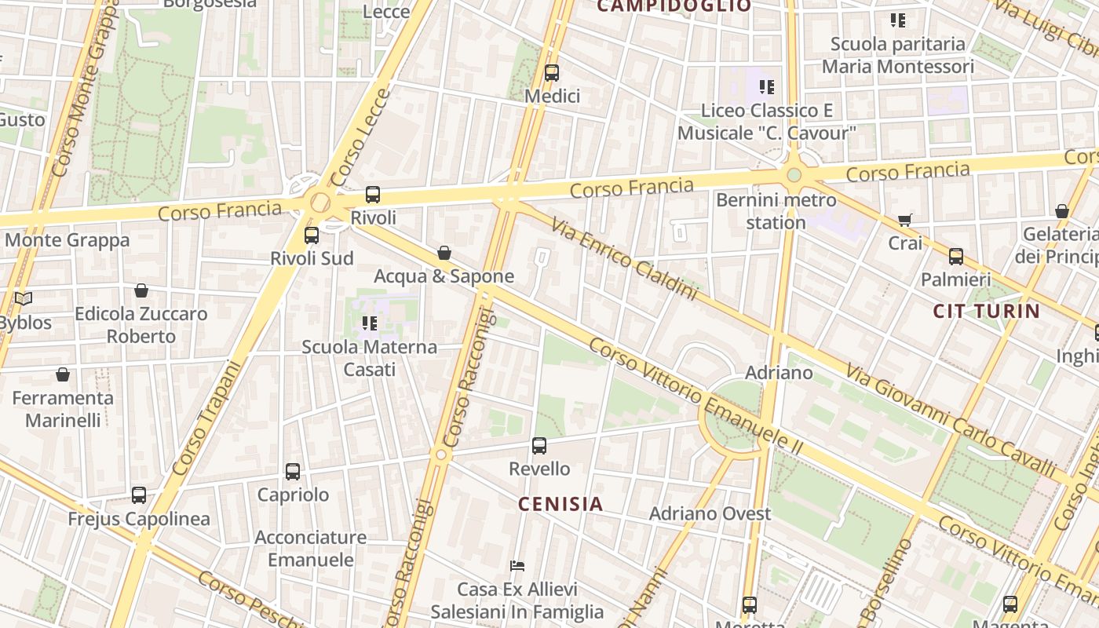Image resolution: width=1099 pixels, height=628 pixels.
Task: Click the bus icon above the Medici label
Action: tap(552, 73)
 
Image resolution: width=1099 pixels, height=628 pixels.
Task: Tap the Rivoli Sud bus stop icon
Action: tap(312, 235)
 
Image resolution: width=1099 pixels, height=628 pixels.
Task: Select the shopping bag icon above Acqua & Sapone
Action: tap(444, 253)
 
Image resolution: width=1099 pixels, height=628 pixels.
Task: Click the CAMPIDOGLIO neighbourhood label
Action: tap(674, 6)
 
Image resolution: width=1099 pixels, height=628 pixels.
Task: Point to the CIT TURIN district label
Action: tap(986, 311)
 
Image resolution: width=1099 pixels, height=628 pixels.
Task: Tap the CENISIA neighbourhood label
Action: tap(560, 504)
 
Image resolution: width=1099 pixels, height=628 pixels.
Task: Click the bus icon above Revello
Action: tap(539, 446)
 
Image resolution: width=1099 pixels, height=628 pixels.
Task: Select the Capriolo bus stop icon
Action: tap(293, 472)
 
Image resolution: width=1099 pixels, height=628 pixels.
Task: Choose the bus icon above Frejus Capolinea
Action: tap(139, 495)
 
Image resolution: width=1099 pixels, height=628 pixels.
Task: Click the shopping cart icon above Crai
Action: tap(905, 221)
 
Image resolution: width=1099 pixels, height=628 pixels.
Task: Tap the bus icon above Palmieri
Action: tap(956, 257)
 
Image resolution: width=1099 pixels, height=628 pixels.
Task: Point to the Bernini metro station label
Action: tap(776, 211)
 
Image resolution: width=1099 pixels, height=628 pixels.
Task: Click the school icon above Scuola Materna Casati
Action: tap(370, 323)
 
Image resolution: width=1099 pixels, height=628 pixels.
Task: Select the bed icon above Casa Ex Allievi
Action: tap(517, 565)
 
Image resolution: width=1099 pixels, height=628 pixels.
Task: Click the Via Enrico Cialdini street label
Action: tap(624, 260)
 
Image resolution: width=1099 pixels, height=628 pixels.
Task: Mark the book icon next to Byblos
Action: tap(24, 299)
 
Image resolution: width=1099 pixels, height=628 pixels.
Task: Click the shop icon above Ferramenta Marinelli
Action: tap(63, 375)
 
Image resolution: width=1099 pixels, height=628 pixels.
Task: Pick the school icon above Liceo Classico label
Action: tap(766, 87)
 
